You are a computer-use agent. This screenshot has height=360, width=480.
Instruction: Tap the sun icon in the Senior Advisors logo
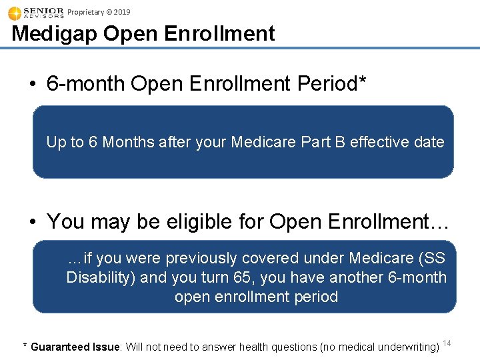[14, 13]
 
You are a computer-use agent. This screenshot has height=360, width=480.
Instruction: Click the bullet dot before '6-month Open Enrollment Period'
[33, 85]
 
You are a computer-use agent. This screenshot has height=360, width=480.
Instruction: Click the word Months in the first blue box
[127, 142]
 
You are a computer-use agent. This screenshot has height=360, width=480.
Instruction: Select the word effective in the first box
[379, 142]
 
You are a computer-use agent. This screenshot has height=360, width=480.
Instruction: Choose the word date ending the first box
[429, 142]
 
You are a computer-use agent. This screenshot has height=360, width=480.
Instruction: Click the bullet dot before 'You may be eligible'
[33, 222]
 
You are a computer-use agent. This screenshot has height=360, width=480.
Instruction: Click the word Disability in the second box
[101, 277]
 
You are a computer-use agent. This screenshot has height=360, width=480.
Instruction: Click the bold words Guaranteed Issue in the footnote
[75, 347]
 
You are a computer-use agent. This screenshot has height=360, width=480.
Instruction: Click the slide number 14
[447, 343]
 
